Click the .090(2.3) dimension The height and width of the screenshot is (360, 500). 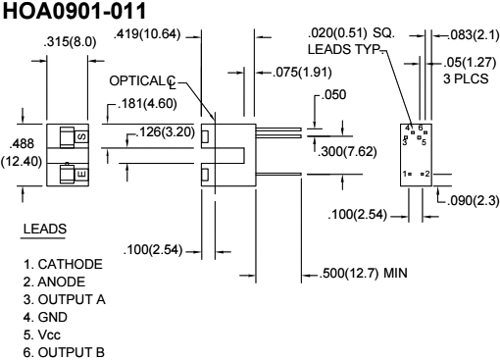click(468, 200)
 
